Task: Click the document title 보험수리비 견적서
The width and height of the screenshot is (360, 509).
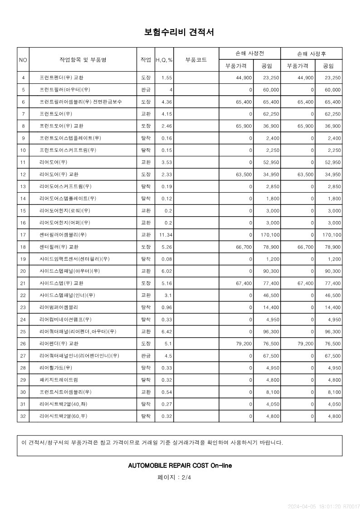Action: tap(179, 32)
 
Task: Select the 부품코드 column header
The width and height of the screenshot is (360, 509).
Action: tap(196, 60)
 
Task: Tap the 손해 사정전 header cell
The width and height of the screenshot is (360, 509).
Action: tap(249, 53)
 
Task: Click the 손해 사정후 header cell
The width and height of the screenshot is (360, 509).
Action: tap(311, 53)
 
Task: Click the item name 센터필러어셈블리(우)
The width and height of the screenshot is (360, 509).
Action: tap(63, 235)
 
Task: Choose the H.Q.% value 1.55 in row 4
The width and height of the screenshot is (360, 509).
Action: tap(167, 78)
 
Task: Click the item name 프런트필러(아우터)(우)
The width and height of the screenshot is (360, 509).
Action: tap(65, 90)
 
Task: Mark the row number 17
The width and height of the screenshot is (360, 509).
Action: tap(23, 235)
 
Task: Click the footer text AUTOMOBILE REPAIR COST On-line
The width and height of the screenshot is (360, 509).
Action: tap(180, 465)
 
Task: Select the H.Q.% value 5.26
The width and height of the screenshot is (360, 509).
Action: tap(167, 247)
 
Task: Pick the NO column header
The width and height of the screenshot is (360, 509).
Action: tap(23, 60)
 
